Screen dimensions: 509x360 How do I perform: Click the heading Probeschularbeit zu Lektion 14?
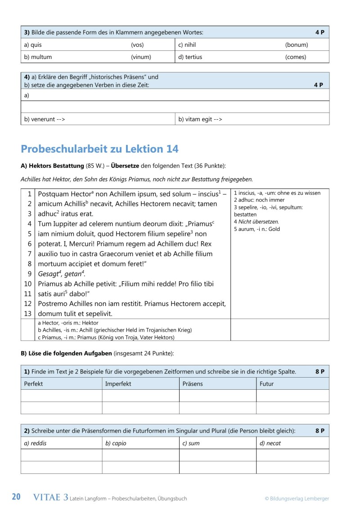click(x=99, y=149)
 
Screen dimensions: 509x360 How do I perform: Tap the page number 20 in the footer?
click(x=16, y=497)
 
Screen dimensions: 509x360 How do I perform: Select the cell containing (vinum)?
click(x=141, y=57)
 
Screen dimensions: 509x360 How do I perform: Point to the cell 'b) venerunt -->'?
click(x=45, y=119)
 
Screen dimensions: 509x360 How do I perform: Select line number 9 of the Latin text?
click(x=29, y=274)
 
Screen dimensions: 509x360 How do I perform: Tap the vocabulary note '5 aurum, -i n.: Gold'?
click(x=257, y=229)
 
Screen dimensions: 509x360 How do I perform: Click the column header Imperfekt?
click(x=118, y=384)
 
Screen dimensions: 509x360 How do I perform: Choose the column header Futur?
click(x=266, y=384)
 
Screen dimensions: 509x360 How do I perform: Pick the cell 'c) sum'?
click(x=191, y=443)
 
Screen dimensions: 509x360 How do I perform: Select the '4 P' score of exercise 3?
click(x=319, y=32)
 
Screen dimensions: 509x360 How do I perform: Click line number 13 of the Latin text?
click(x=28, y=314)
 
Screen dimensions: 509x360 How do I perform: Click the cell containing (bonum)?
click(x=296, y=45)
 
